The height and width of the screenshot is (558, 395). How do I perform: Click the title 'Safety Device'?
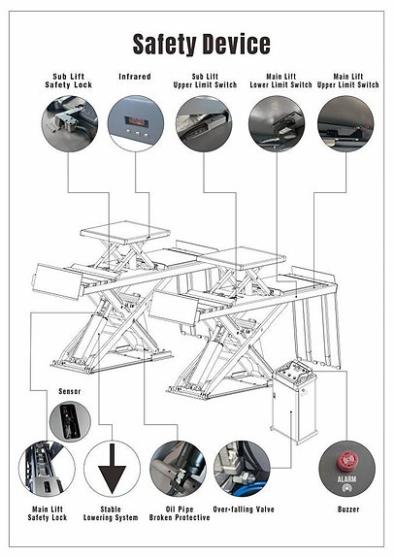[201, 44]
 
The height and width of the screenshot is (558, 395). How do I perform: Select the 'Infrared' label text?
[134, 76]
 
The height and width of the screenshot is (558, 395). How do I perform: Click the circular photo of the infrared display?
[135, 123]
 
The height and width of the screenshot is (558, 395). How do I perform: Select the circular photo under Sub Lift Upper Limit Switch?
[204, 123]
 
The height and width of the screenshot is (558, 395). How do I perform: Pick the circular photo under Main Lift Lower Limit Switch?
[276, 123]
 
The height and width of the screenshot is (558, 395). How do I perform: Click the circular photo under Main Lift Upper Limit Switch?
[345, 123]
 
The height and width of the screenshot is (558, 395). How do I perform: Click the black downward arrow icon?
[112, 469]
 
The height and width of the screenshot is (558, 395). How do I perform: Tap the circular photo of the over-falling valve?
[242, 469]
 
